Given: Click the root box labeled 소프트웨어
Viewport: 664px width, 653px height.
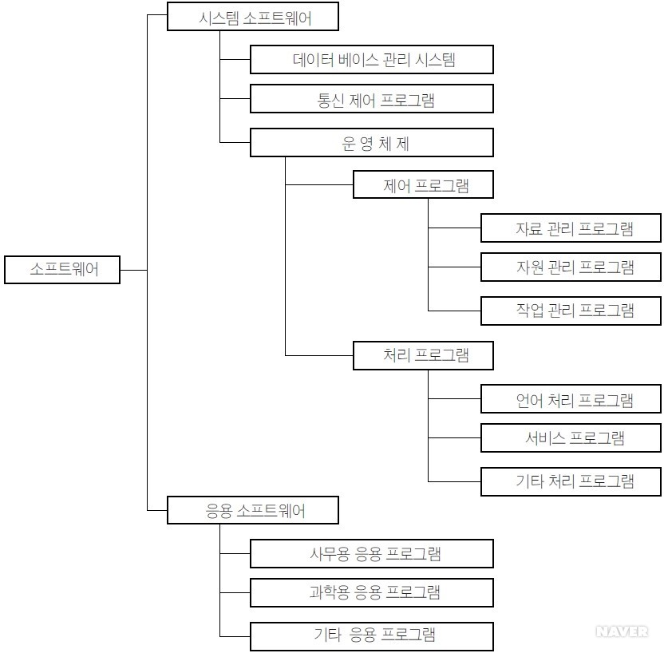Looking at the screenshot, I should click(62, 270).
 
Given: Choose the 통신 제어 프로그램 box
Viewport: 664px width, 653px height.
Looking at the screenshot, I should click(371, 100).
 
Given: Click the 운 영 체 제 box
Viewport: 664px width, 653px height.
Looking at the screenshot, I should click(371, 143).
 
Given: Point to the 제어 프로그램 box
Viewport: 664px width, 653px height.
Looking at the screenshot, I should click(423, 185).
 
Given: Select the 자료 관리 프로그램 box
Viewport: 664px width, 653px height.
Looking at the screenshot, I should click(571, 228).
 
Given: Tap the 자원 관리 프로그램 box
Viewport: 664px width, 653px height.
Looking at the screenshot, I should click(571, 267).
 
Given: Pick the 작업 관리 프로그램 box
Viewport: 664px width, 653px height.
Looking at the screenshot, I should click(571, 310).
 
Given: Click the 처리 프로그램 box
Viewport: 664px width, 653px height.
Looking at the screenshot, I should click(423, 355).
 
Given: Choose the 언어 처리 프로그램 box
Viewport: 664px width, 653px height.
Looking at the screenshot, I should click(571, 399).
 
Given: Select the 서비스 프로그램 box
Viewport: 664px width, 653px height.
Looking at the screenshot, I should click(571, 437).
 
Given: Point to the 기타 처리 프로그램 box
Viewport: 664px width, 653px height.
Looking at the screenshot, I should click(571, 481).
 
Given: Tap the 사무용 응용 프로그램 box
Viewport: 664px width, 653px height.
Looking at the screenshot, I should click(371, 553).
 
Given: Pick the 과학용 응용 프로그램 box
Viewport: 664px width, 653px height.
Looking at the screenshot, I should click(371, 592).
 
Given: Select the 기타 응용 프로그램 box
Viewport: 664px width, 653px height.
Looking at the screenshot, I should click(371, 635).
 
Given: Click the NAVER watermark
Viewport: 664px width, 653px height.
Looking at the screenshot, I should click(622, 631).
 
